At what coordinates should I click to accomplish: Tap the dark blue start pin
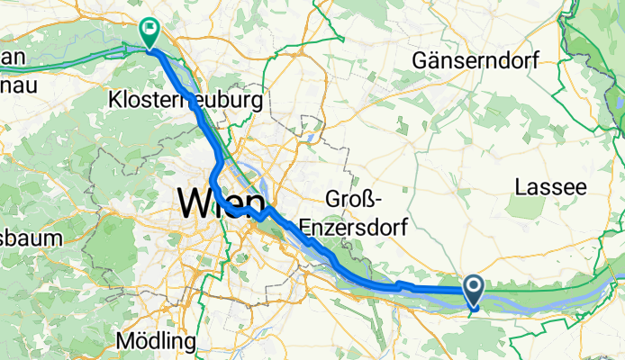tap(474, 290)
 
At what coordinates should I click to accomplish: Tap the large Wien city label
tap(221, 202)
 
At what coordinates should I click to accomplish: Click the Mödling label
tap(156, 342)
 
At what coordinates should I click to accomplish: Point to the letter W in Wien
tap(196, 202)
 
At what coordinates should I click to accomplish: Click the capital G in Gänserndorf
tap(421, 61)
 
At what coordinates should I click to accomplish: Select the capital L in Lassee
tap(520, 187)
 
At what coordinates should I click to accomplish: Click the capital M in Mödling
tap(125, 342)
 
